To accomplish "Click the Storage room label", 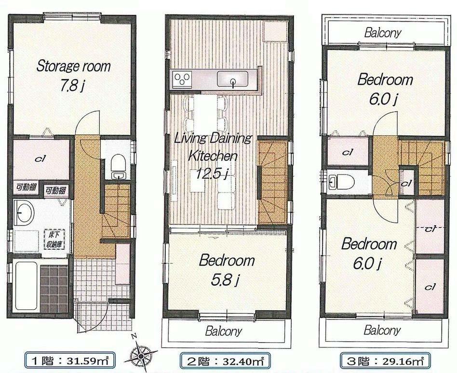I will (73, 66).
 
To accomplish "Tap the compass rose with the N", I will (140, 356).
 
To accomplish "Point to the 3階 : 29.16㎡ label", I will (382, 360).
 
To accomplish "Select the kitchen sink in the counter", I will (232, 79).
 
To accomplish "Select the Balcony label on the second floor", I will (223, 332).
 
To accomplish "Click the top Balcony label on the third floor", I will (383, 33).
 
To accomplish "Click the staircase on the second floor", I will (273, 183).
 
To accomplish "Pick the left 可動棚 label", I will (22, 187).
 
